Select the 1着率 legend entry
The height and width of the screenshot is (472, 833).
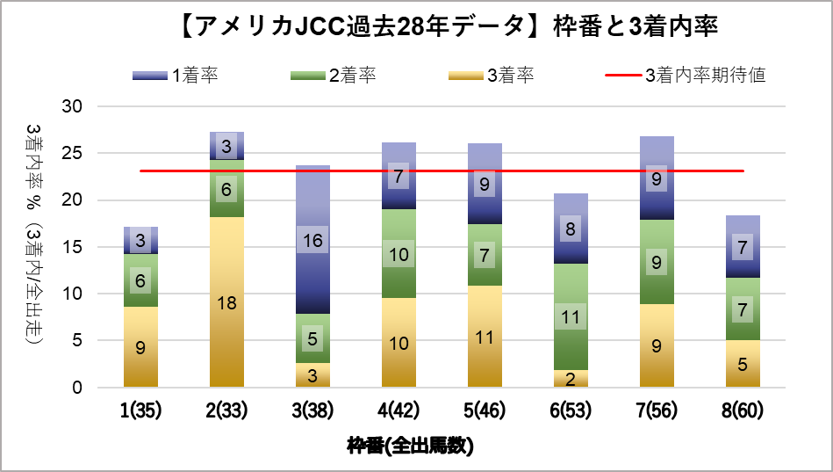(176, 75)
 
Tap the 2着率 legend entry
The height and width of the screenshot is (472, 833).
(334, 75)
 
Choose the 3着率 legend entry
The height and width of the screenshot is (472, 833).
(492, 75)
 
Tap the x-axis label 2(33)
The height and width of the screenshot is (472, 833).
(226, 410)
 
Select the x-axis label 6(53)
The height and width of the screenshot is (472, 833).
(571, 410)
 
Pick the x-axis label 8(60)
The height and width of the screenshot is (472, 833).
(743, 410)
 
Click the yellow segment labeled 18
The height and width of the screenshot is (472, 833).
(226, 302)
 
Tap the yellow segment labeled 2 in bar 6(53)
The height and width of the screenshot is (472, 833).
(571, 379)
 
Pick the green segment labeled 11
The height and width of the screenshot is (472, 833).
(571, 316)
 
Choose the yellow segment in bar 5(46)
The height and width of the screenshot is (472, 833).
(485, 336)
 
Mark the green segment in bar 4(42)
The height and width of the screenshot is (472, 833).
(399, 254)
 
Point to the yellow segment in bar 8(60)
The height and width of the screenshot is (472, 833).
(743, 364)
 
